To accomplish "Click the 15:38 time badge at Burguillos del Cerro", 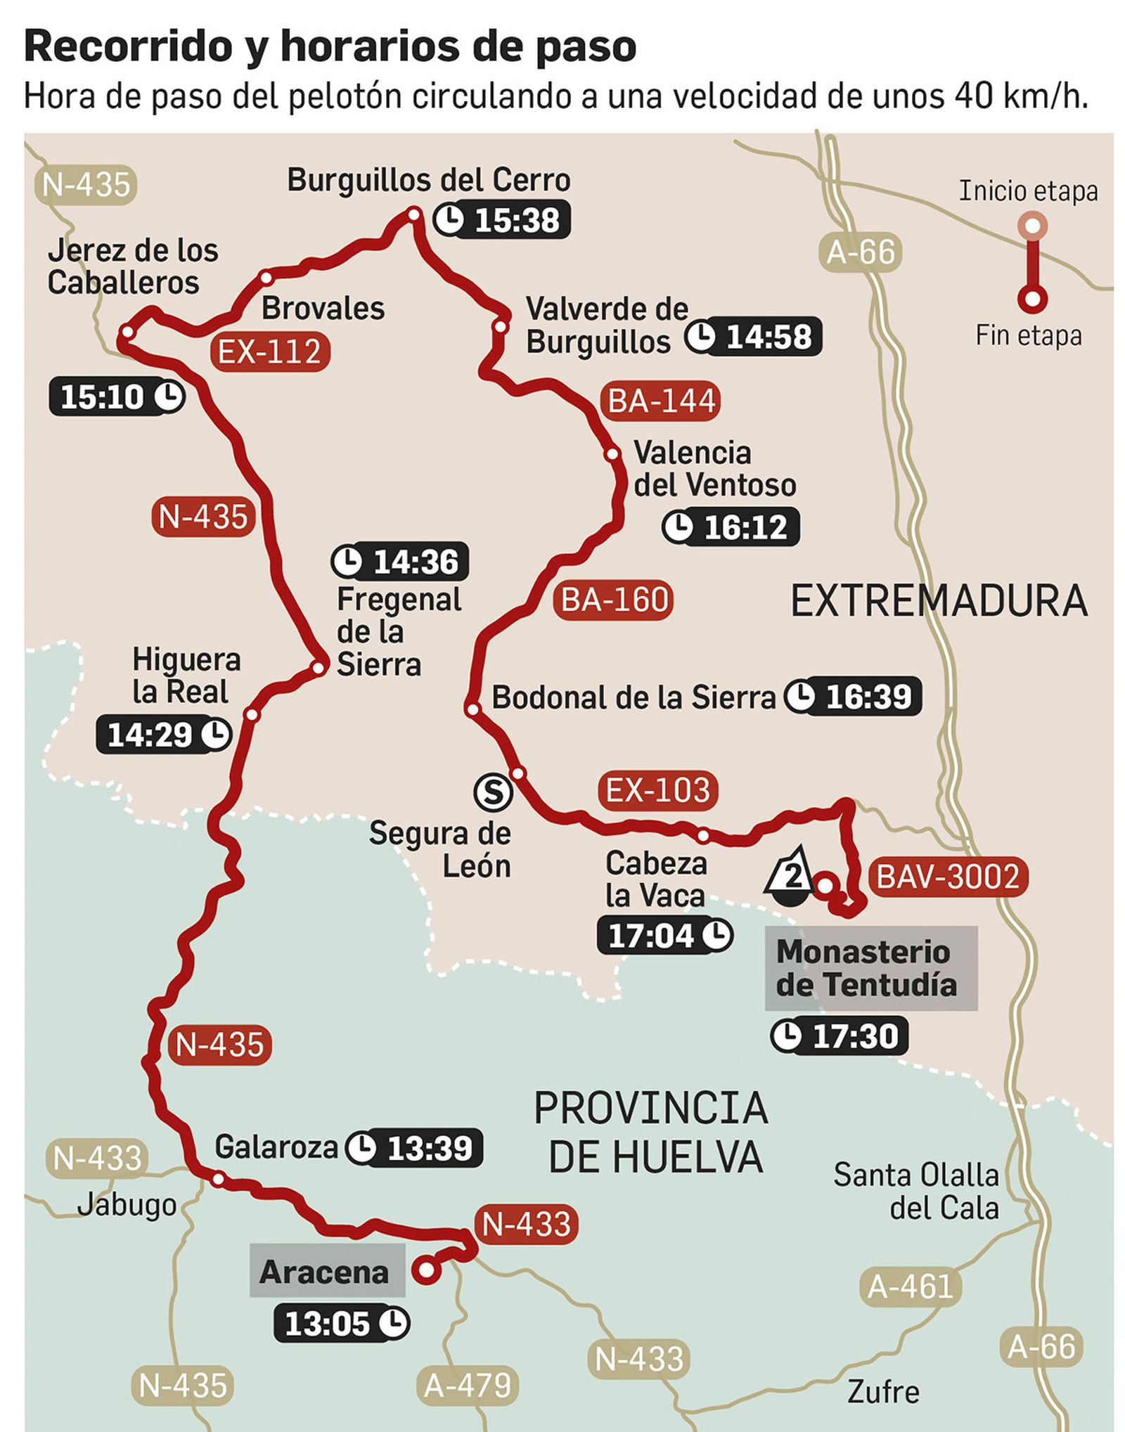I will pos(501,220).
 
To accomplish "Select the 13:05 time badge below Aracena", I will pos(342,1324).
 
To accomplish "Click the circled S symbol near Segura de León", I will pos(493,792).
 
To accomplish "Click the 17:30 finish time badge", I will pos(839,1036).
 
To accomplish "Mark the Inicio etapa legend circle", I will pos(1031,226).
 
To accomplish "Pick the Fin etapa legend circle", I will pos(1031,299).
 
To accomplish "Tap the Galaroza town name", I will pos(276,1147).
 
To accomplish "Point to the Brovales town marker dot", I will pos(266,278).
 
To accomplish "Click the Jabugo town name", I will pos(127,1205).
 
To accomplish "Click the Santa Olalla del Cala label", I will pos(916,1191).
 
